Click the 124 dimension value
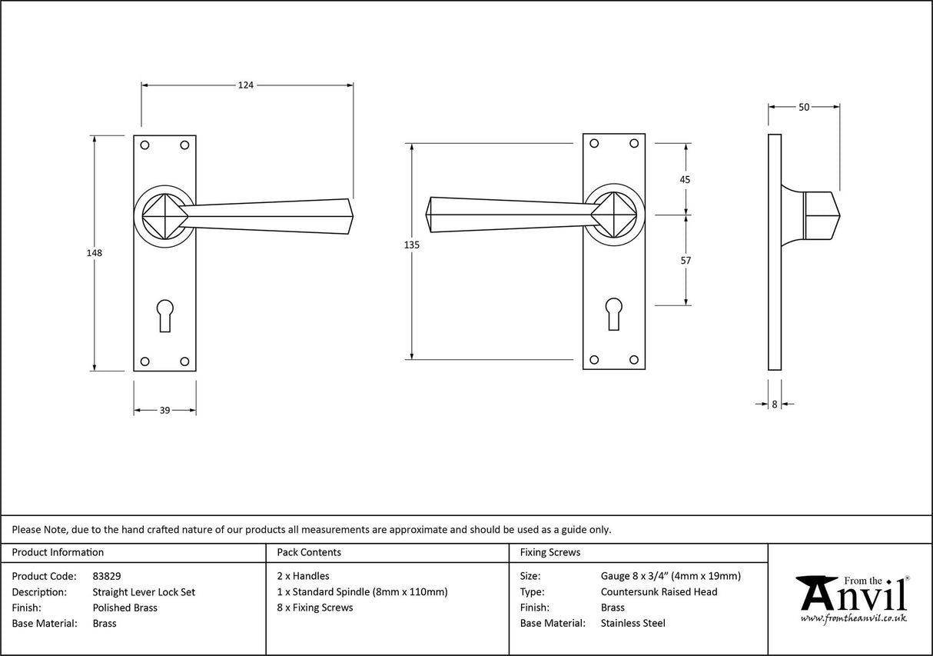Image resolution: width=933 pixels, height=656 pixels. tap(245, 85)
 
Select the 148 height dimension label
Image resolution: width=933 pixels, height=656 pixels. tap(95, 252)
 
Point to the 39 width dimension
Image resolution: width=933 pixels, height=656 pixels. tap(164, 411)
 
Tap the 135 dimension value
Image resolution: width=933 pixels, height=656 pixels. tap(412, 245)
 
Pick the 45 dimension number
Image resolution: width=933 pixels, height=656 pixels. tap(686, 179)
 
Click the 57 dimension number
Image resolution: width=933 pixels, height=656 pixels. tap(686, 261)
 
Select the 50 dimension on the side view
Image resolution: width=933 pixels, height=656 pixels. tap(804, 108)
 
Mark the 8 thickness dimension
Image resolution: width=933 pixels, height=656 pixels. tap(775, 404)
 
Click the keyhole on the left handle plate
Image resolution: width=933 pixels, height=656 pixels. tap(164, 314)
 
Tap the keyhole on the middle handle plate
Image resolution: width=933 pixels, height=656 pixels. tap(613, 313)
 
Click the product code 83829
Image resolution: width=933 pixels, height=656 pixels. tap(107, 576)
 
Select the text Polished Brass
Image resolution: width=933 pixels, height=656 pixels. tap(125, 608)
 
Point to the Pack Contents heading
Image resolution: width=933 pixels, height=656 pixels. tap(309, 552)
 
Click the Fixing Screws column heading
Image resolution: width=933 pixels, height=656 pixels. tap(550, 552)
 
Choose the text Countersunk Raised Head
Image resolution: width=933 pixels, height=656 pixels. tap(659, 591)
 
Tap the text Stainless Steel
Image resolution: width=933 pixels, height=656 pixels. tap(633, 624)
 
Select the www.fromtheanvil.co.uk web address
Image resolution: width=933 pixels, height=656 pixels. tap(853, 619)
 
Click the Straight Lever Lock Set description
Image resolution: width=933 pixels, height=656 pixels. tap(144, 592)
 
